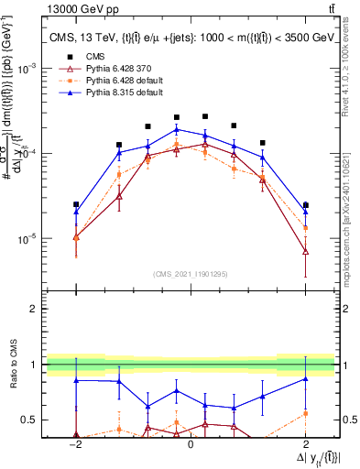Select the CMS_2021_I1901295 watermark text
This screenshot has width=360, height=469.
(x=191, y=275)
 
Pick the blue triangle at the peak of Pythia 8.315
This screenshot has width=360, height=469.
(x=177, y=129)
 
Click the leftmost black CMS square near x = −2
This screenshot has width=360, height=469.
(x=76, y=204)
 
